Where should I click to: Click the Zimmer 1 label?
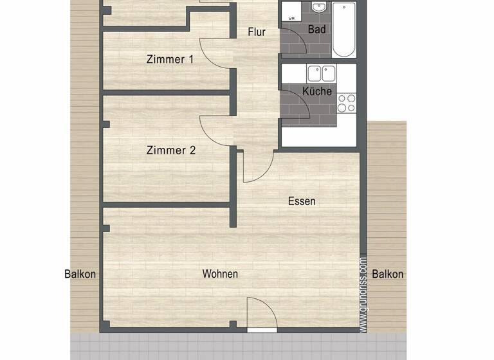(170, 60)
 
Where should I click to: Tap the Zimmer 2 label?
(170, 151)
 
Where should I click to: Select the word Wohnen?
(220, 274)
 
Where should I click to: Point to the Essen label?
(302, 201)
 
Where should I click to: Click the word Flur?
(257, 32)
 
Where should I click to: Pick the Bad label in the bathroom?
(316, 30)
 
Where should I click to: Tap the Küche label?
(317, 91)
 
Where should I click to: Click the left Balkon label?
(80, 274)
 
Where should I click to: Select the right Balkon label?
(388, 274)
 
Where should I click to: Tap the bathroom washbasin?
(318, 7)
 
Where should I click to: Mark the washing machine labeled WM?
(292, 12)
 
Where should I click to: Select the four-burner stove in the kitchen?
(347, 104)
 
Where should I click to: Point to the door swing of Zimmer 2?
(215, 132)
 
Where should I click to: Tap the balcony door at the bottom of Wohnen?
(262, 315)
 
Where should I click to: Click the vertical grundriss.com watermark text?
(363, 295)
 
